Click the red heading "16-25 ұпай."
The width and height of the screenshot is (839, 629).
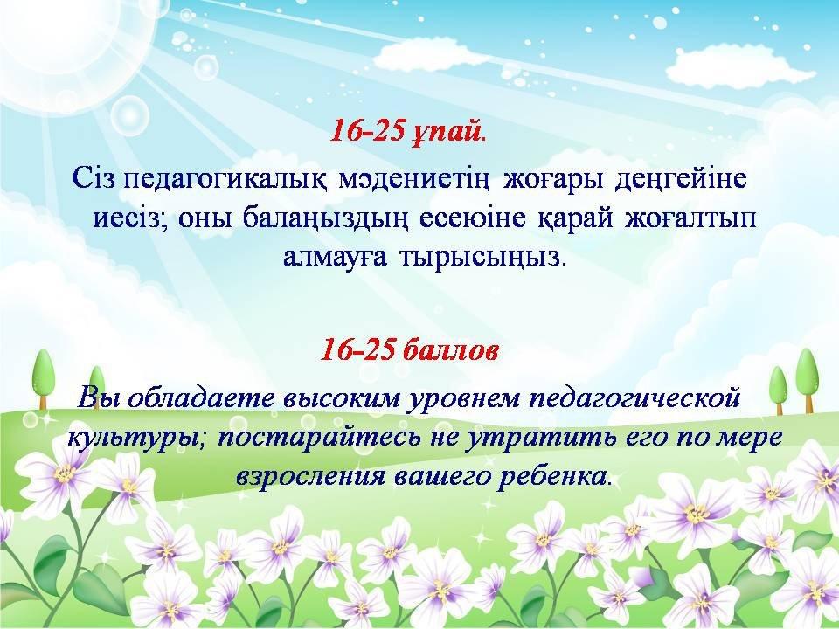pyautogui.click(x=408, y=130)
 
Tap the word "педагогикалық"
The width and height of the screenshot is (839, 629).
pyautogui.click(x=225, y=180)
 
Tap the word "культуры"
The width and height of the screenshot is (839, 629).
pyautogui.click(x=136, y=438)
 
